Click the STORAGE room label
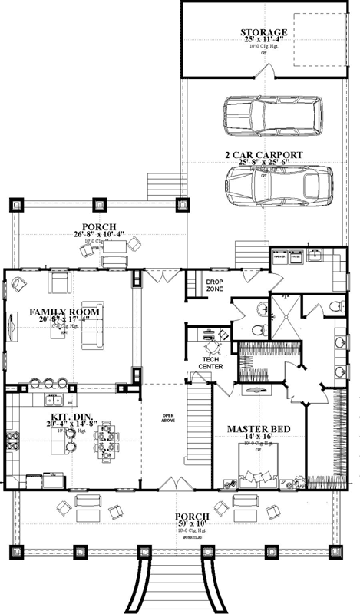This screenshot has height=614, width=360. [x=263, y=32]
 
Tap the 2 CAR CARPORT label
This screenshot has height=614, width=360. [x=263, y=154]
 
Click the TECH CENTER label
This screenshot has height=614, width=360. [x=212, y=362]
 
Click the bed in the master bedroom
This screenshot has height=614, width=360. [x=259, y=469]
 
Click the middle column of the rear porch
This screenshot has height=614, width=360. [x=98, y=205]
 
